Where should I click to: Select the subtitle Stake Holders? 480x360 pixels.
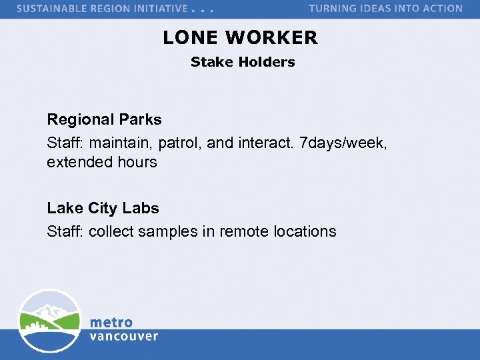(243, 62)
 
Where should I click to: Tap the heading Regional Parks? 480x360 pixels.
(104, 120)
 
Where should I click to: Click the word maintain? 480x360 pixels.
(119, 142)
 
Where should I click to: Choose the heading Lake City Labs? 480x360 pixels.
(103, 208)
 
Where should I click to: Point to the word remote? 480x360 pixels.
(245, 231)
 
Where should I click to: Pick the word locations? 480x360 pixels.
(305, 231)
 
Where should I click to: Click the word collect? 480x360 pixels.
(113, 231)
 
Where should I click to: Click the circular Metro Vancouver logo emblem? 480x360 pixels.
(49, 321)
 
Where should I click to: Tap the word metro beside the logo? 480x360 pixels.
(111, 323)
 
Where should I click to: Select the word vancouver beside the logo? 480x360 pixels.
(124, 336)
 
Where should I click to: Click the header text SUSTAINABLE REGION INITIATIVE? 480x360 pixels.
(102, 9)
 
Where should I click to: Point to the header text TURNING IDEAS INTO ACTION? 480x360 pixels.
(385, 9)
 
